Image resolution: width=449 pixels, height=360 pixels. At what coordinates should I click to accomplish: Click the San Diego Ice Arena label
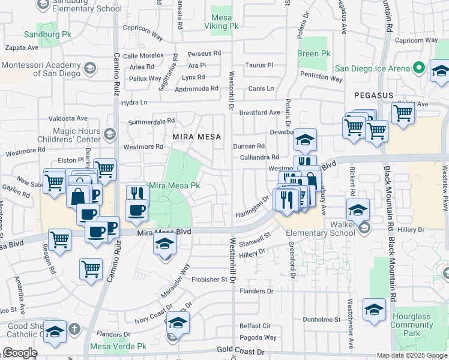[372, 68]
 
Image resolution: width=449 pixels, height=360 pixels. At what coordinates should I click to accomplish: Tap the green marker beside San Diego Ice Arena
[419, 68]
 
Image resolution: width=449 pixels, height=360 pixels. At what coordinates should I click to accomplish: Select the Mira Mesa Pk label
[174, 186]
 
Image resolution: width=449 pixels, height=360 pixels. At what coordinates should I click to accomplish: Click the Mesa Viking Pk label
[221, 22]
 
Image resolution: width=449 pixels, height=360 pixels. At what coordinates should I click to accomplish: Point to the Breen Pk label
[313, 53]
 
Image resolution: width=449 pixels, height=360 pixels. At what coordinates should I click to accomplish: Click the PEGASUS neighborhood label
[373, 95]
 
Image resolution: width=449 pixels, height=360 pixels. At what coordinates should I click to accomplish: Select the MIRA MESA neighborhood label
[194, 137]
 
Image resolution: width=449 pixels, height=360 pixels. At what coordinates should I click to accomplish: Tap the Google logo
[20, 353]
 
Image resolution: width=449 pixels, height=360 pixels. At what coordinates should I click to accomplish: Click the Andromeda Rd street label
[196, 89]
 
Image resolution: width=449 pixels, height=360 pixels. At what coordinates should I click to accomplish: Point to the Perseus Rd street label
[204, 54]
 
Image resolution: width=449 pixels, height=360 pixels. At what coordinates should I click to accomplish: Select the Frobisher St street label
[211, 280]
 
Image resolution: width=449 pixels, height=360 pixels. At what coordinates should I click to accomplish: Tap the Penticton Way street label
[322, 77]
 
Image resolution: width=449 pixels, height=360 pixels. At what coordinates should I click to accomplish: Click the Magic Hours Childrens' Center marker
[109, 133]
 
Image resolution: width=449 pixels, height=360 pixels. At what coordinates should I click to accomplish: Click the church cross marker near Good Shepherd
[73, 329]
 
